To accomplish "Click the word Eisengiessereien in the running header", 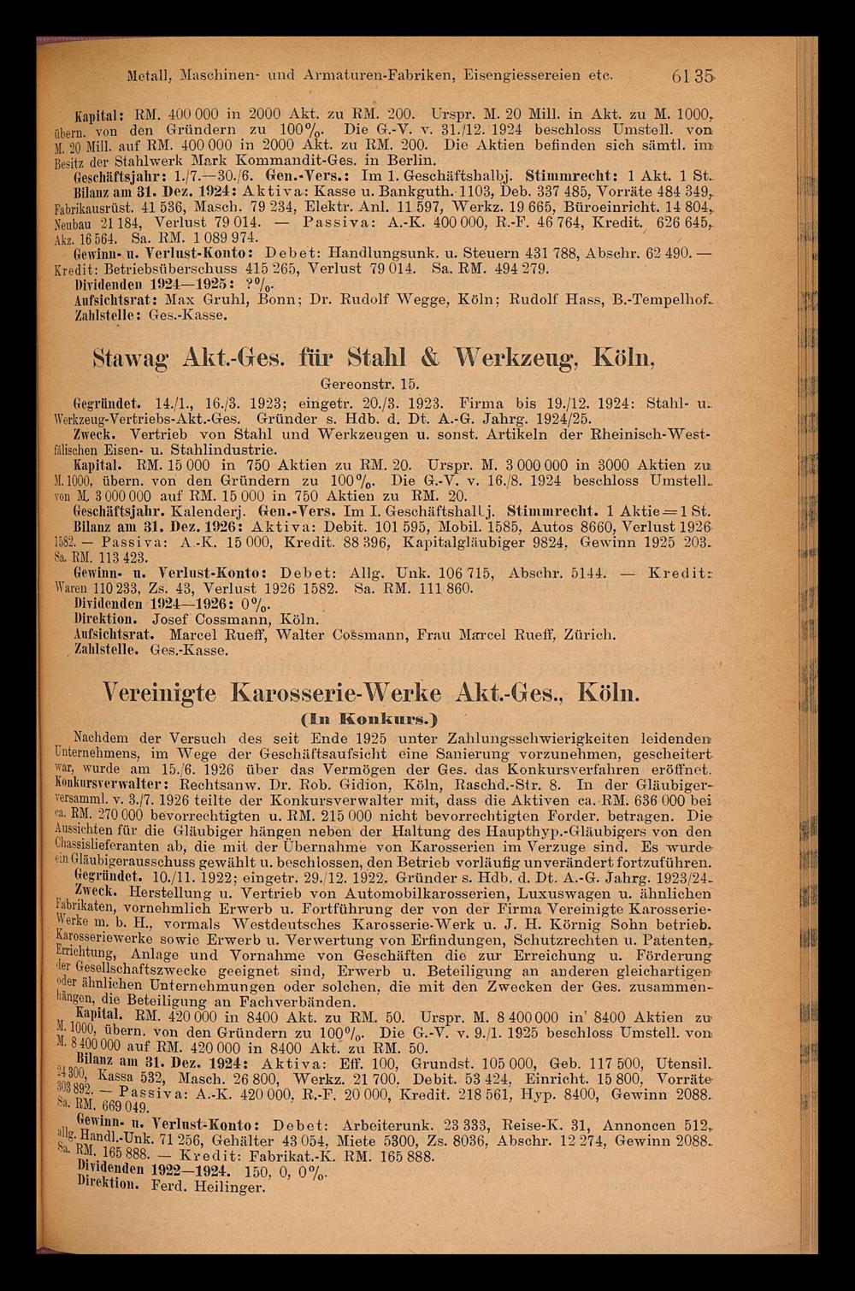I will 513,75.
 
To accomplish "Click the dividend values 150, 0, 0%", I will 296,1172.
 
